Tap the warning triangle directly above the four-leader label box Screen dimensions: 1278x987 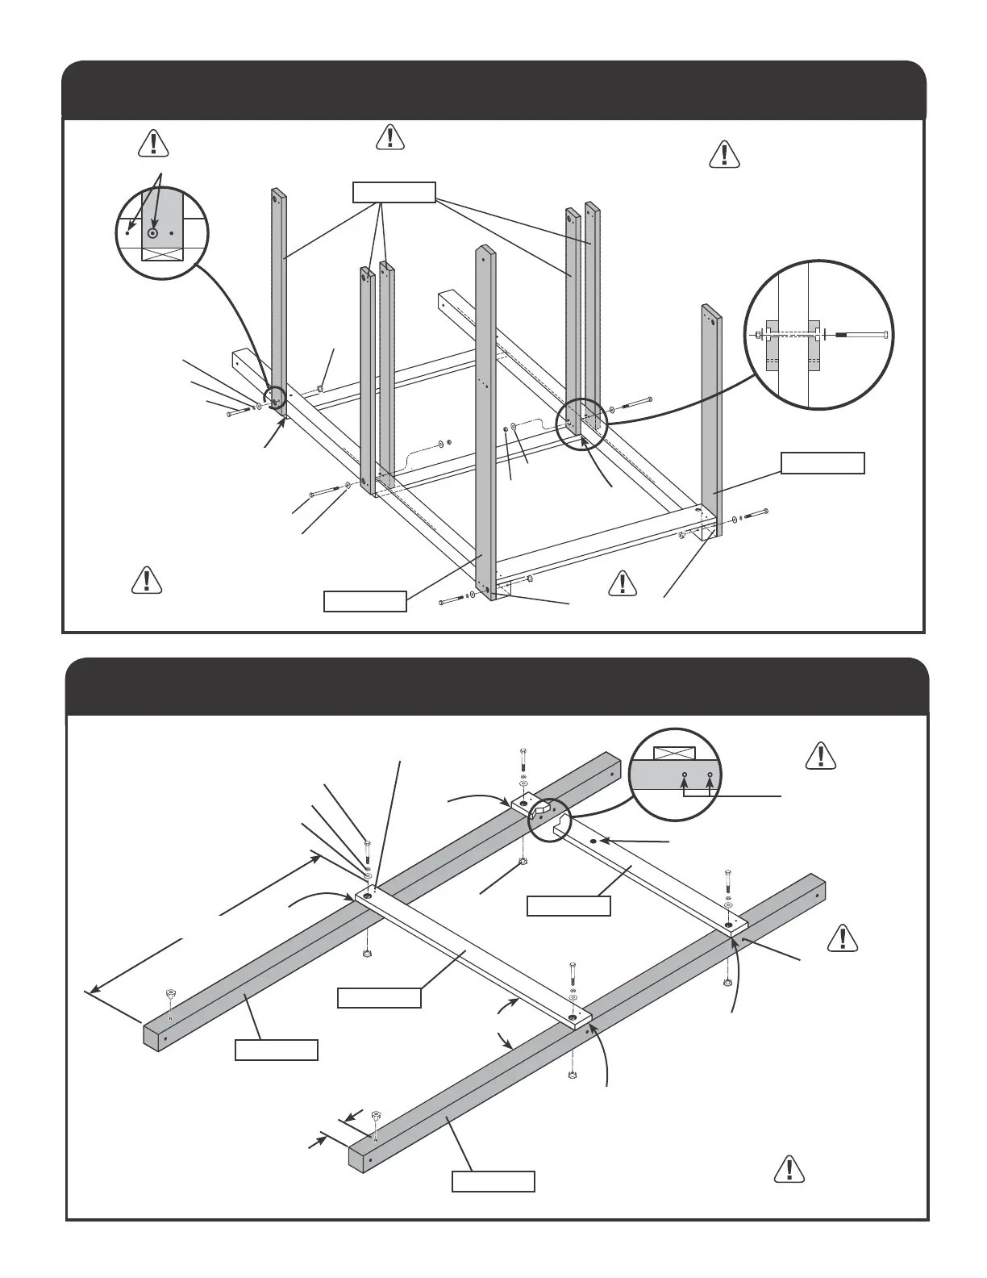(389, 137)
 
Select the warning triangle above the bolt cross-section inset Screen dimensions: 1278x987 (724, 154)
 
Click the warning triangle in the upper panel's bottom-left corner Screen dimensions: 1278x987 (145, 580)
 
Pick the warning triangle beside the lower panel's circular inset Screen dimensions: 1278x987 (820, 754)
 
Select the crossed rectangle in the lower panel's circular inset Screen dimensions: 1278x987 (673, 753)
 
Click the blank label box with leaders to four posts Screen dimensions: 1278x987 (394, 192)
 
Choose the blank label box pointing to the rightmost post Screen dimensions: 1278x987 (822, 463)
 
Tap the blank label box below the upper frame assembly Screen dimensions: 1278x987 (364, 602)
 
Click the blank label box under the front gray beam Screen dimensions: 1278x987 (493, 1181)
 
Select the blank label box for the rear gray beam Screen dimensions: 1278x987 (276, 1050)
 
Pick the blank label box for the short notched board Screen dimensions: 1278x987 (568, 906)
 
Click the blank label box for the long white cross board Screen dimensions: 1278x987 (379, 998)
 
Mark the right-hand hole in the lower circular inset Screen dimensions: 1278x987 (710, 775)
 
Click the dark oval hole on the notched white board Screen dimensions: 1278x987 (593, 842)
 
